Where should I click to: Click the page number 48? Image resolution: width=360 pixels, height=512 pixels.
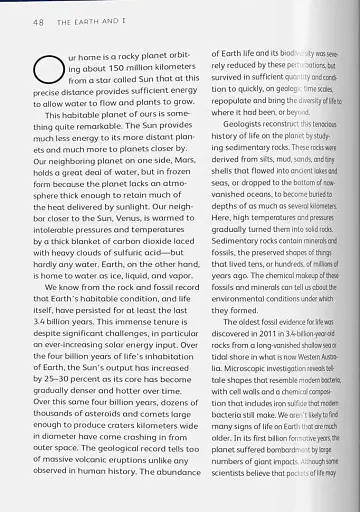point(38,21)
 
